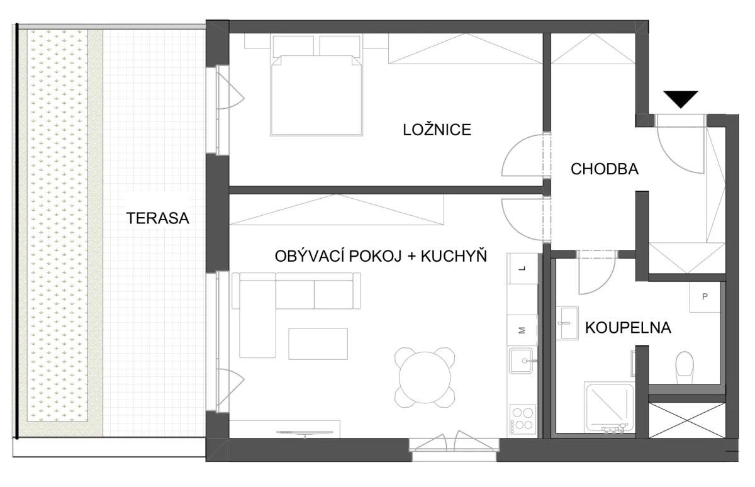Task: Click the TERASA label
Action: pos(157,218)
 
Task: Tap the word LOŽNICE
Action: pos(437,130)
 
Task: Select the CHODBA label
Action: pos(605,169)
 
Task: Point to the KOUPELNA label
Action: pos(628,328)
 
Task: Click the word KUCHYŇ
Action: pos(454,256)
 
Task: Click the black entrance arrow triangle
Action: pos(681,99)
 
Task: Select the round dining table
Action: pos(425,378)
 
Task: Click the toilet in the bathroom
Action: pos(685,367)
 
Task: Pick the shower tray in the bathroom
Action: pos(610,407)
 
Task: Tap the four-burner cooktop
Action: pos(522,419)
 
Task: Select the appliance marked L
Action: pos(522,269)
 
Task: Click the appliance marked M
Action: pos(522,330)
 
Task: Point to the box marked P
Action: pos(705,296)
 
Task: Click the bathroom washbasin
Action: pos(568,323)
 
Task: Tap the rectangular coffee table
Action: pos(318,344)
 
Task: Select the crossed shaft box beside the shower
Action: pos(687,420)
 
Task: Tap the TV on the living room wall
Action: pos(305,433)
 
